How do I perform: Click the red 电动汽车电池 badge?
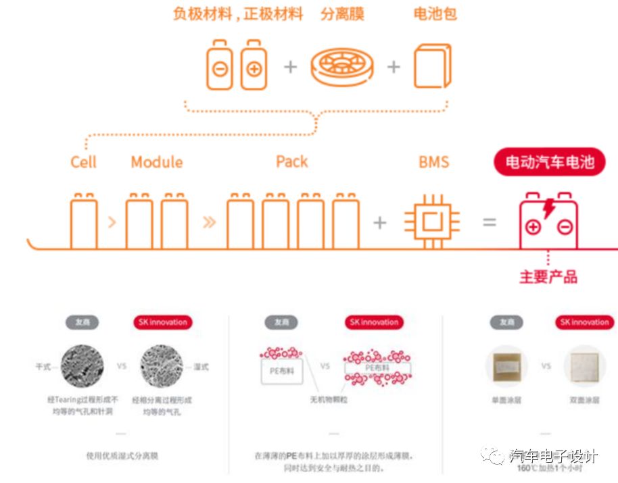point(549,163)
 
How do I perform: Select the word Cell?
point(83,162)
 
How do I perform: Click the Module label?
point(157,162)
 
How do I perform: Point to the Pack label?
point(291,161)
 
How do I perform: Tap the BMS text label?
point(433,162)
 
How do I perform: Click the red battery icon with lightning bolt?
point(548,220)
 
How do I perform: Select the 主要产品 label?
point(548,277)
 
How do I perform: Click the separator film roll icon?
point(343,67)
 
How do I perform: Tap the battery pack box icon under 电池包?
point(432,66)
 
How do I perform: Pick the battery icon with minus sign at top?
point(220,66)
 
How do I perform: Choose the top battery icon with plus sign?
point(254,66)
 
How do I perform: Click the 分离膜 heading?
point(343,14)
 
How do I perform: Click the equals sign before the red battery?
point(490,222)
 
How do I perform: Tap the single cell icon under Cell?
point(83,221)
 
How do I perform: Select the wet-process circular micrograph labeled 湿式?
point(163,366)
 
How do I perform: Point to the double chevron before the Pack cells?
point(210,222)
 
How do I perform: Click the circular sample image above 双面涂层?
point(584,366)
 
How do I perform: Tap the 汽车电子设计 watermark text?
point(553,457)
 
